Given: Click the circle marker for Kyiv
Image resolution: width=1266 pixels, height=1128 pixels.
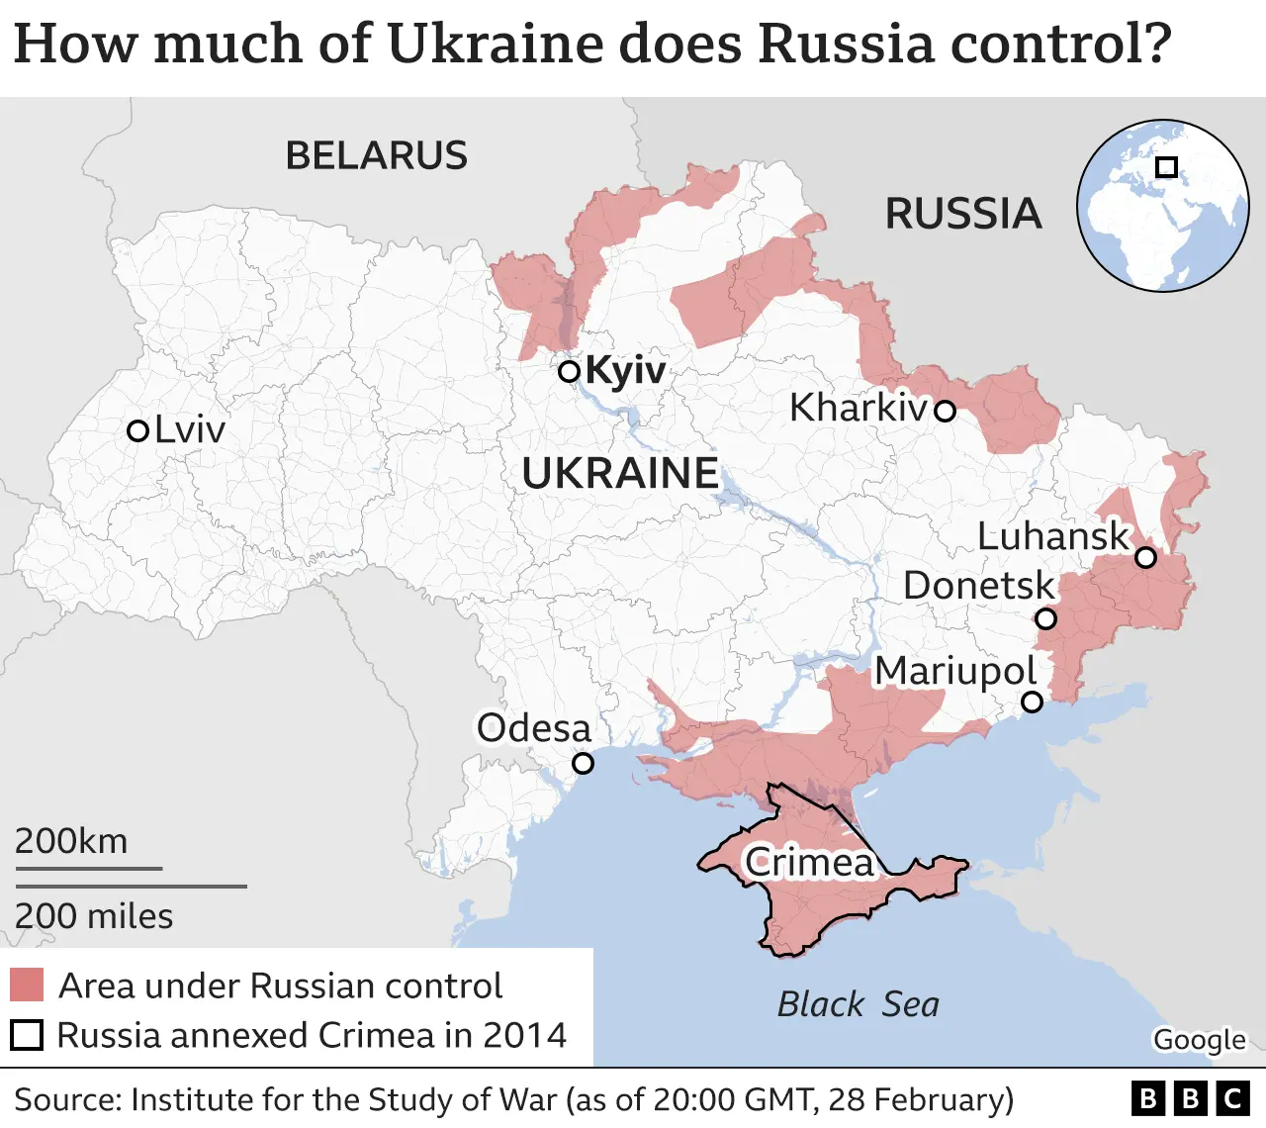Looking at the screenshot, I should tap(569, 372).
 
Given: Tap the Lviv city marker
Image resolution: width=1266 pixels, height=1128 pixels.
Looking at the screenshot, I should tap(138, 430).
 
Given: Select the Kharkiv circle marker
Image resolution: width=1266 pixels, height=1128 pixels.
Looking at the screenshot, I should tap(946, 411).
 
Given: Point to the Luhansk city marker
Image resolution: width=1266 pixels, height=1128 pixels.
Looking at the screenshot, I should tap(1145, 557).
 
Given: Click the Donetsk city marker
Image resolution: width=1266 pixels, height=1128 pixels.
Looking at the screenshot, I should tap(1045, 619).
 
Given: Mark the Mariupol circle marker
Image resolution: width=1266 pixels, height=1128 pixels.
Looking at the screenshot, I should tap(1032, 702).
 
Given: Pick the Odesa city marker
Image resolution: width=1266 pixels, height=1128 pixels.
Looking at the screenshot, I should tap(584, 763).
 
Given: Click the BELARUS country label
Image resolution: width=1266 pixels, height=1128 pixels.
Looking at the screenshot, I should tap(376, 156).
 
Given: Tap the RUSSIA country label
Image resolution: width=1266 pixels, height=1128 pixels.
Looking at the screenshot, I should tap(962, 214).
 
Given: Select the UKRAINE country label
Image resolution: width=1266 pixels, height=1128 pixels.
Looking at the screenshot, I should tap(620, 474).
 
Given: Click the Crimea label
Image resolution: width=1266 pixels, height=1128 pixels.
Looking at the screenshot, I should tap(809, 862).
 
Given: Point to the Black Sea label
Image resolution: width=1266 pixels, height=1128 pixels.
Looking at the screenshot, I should tap(858, 1004).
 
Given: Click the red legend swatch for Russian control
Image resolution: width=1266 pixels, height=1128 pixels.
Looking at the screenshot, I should tap(27, 986).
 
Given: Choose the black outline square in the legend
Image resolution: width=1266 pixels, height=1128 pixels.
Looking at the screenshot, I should tap(27, 1035).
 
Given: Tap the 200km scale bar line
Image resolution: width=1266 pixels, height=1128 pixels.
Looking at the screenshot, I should tap(88, 869).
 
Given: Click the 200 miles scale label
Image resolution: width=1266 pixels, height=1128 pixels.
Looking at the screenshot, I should tap(94, 916).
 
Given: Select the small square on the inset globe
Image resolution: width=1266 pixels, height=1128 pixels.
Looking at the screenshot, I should tap(1166, 167).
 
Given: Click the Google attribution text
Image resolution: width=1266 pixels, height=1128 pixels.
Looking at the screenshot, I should tap(1199, 1040).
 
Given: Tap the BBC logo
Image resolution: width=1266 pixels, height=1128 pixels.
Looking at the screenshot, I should tap(1190, 1098).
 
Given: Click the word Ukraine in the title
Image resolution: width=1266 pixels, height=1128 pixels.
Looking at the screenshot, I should tap(494, 45).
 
